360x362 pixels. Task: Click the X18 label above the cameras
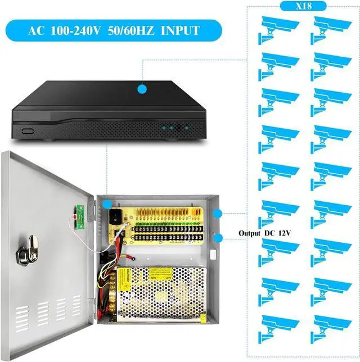[303, 6]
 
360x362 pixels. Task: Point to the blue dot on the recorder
[142, 88]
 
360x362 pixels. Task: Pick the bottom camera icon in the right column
[332, 326]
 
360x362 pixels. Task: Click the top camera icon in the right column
[332, 29]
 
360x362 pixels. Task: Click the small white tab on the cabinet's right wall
[214, 254]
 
